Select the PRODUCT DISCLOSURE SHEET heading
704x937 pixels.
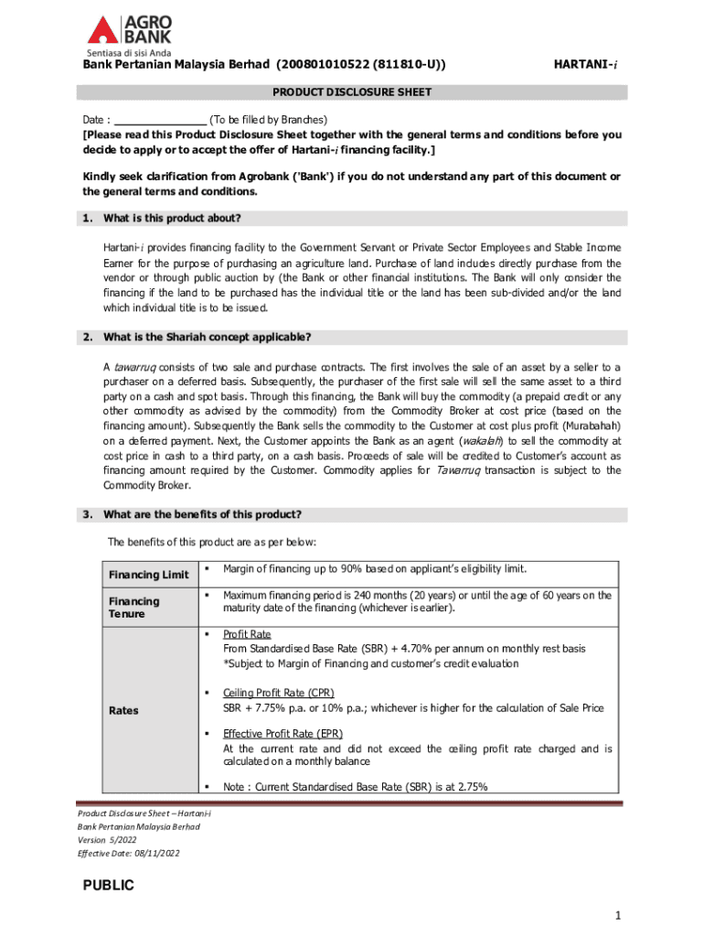[352, 92]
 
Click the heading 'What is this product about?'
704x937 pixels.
[172, 219]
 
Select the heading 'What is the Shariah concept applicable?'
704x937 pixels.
[208, 337]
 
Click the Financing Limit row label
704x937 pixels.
[148, 575]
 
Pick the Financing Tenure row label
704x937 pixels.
[134, 608]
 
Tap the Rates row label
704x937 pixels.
[123, 710]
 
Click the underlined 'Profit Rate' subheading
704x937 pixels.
[247, 634]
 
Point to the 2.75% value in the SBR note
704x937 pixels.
[471, 786]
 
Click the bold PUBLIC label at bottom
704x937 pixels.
[109, 885]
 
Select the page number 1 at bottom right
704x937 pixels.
[618, 915]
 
